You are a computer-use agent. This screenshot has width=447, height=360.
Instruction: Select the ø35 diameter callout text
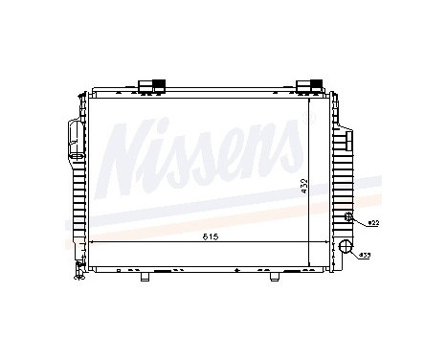(x=365, y=257)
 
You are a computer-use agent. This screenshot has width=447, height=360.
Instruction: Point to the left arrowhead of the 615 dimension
(x=92, y=243)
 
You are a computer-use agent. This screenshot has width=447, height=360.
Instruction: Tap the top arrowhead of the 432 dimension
(x=312, y=96)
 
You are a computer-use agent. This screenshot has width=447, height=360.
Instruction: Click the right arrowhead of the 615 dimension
(x=328, y=243)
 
